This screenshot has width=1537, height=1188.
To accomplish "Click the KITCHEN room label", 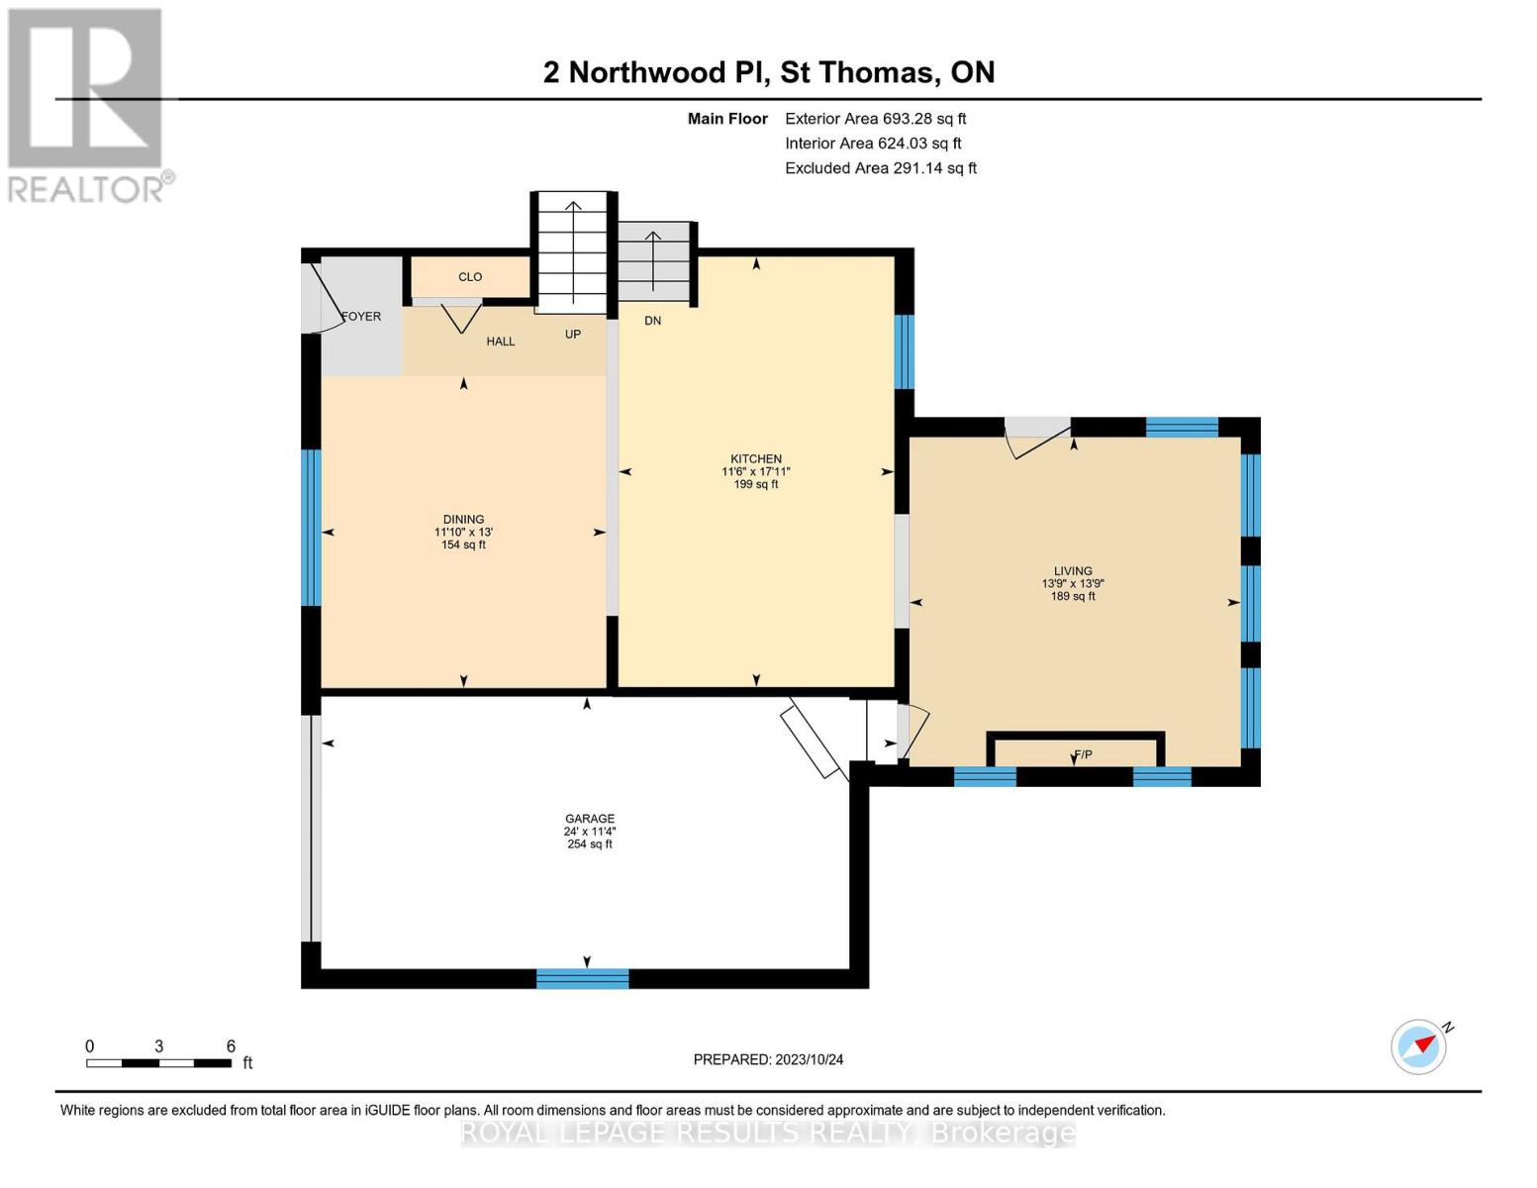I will coord(756,459).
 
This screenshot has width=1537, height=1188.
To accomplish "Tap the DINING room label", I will coord(463,520).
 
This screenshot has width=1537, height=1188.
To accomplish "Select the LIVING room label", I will coord(1073,571).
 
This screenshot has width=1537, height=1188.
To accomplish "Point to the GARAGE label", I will coord(590,819).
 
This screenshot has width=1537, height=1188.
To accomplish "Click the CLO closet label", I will coord(470,277).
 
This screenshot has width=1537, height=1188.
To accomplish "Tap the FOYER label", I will coord(361,317).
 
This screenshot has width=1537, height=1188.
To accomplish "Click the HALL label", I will coord(501,342).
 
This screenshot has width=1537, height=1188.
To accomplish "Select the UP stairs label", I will coord(573,335).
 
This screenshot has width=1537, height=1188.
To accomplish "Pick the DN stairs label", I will coord(652,321).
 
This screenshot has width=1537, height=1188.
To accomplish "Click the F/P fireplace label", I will coord(1084,754).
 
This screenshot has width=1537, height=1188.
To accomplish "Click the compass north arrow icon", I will coord(1420,1045).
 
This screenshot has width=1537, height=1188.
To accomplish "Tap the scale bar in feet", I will coord(158,1063).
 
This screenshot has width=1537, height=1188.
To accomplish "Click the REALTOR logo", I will coord(86,104).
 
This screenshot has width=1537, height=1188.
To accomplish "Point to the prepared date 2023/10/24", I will coord(768,1059).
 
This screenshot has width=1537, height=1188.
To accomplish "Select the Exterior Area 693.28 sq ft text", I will coord(875,119).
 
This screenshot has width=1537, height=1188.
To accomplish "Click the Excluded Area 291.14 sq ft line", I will coord(881,168).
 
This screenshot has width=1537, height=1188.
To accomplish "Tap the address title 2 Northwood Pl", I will coord(769,72).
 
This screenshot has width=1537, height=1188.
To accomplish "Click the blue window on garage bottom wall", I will coord(582,979).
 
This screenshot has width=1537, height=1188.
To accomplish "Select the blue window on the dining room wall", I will coord(311,527).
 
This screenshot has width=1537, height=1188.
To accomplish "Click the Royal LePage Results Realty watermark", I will coord(768,1133).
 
